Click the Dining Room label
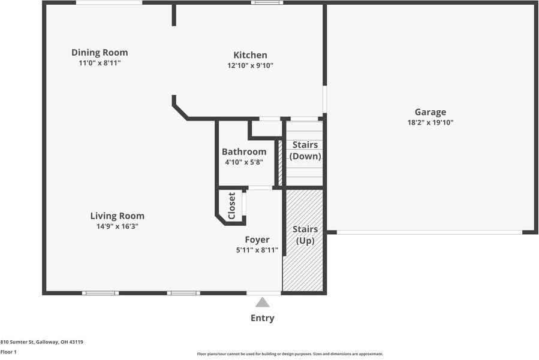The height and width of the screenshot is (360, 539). click(x=100, y=53)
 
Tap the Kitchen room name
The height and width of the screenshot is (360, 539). click(x=251, y=55)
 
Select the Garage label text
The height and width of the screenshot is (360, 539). click(x=430, y=112)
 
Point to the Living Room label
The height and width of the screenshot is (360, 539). click(x=117, y=216)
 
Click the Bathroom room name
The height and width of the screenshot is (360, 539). click(x=244, y=152)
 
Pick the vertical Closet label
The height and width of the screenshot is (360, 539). click(x=232, y=206)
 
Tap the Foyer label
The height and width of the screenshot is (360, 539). click(x=257, y=240)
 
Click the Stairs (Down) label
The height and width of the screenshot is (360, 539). click(x=305, y=151)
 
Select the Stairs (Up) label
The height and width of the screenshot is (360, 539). click(x=305, y=235)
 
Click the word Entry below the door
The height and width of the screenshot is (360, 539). click(x=263, y=318)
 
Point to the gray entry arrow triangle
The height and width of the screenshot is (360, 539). click(x=263, y=302)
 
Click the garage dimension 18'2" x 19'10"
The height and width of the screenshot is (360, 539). click(x=430, y=123)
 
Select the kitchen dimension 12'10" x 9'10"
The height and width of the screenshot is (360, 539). click(x=251, y=66)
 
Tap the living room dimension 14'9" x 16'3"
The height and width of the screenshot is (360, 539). click(x=117, y=226)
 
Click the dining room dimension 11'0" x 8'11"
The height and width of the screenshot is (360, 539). click(x=100, y=63)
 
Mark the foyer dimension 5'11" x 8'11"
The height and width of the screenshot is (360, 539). click(x=257, y=250)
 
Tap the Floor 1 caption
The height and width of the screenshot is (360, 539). click(x=8, y=352)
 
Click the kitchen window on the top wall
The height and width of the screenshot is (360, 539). click(x=267, y=3)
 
